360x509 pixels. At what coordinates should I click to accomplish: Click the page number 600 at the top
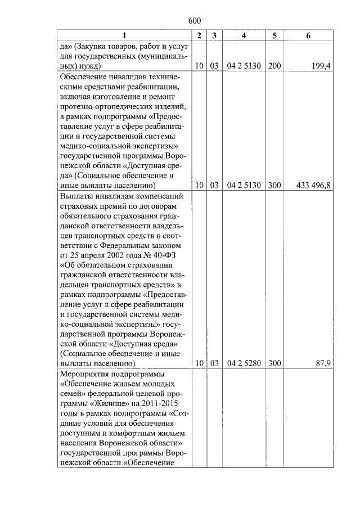click(195, 21)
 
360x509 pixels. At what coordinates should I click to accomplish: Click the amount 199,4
click(321, 66)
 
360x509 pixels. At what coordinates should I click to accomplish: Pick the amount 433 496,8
click(312, 184)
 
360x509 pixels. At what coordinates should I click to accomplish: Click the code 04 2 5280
click(244, 363)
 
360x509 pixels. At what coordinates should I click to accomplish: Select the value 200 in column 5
click(274, 66)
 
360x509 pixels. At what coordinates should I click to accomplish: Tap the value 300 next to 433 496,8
click(274, 184)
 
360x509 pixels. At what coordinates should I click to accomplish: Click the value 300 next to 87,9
click(274, 363)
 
